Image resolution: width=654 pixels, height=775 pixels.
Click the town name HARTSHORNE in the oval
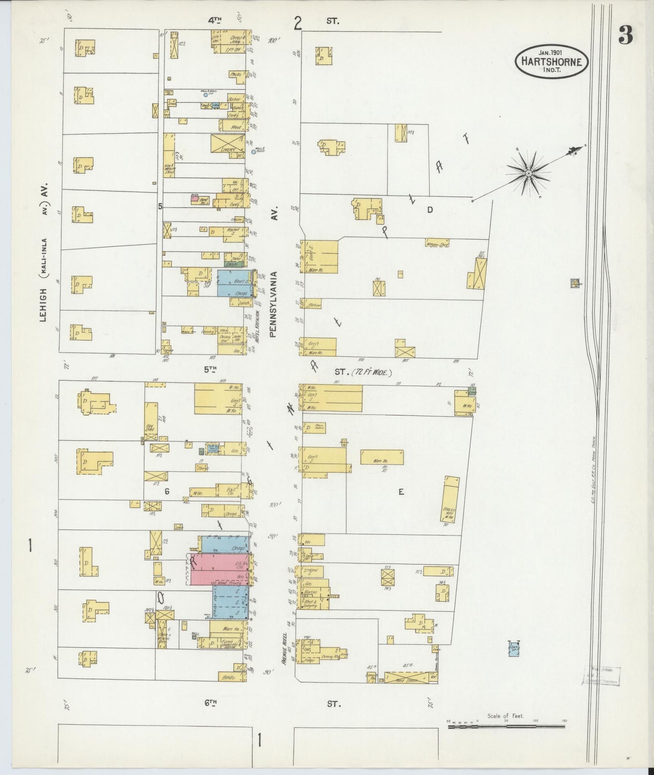pos(551,62)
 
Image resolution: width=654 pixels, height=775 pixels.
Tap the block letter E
pos(401,492)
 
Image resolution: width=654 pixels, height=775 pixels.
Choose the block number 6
pos(167,492)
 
